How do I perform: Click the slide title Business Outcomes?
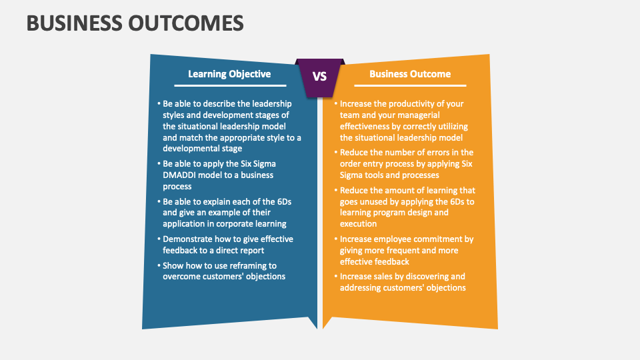click(x=135, y=23)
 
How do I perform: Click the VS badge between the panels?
click(x=320, y=76)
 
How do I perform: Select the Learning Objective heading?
click(x=229, y=74)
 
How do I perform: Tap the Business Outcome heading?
click(x=410, y=74)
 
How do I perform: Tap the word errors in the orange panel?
click(x=440, y=152)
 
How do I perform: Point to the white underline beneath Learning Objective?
click(x=230, y=86)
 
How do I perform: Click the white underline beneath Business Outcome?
click(x=410, y=86)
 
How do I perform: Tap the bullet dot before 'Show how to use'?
click(x=159, y=265)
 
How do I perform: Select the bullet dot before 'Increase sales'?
click(x=337, y=276)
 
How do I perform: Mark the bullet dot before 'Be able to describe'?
click(x=159, y=104)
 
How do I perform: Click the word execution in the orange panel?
click(x=359, y=224)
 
